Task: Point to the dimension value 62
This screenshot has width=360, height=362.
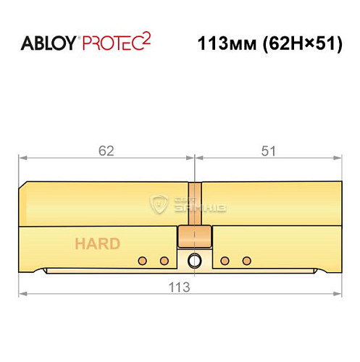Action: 107,151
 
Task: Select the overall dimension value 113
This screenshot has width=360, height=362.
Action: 180,286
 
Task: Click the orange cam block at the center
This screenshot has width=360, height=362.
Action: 194,237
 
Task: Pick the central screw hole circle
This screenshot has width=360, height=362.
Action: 194,261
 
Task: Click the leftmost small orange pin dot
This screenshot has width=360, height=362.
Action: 143,260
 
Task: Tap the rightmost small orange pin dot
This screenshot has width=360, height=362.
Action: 246,260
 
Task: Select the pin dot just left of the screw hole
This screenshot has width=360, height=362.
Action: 164,260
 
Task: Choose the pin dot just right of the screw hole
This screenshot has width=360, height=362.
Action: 225,260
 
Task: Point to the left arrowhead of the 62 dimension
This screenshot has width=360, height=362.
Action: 22,157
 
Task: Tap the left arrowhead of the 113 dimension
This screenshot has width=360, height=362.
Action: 22,293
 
